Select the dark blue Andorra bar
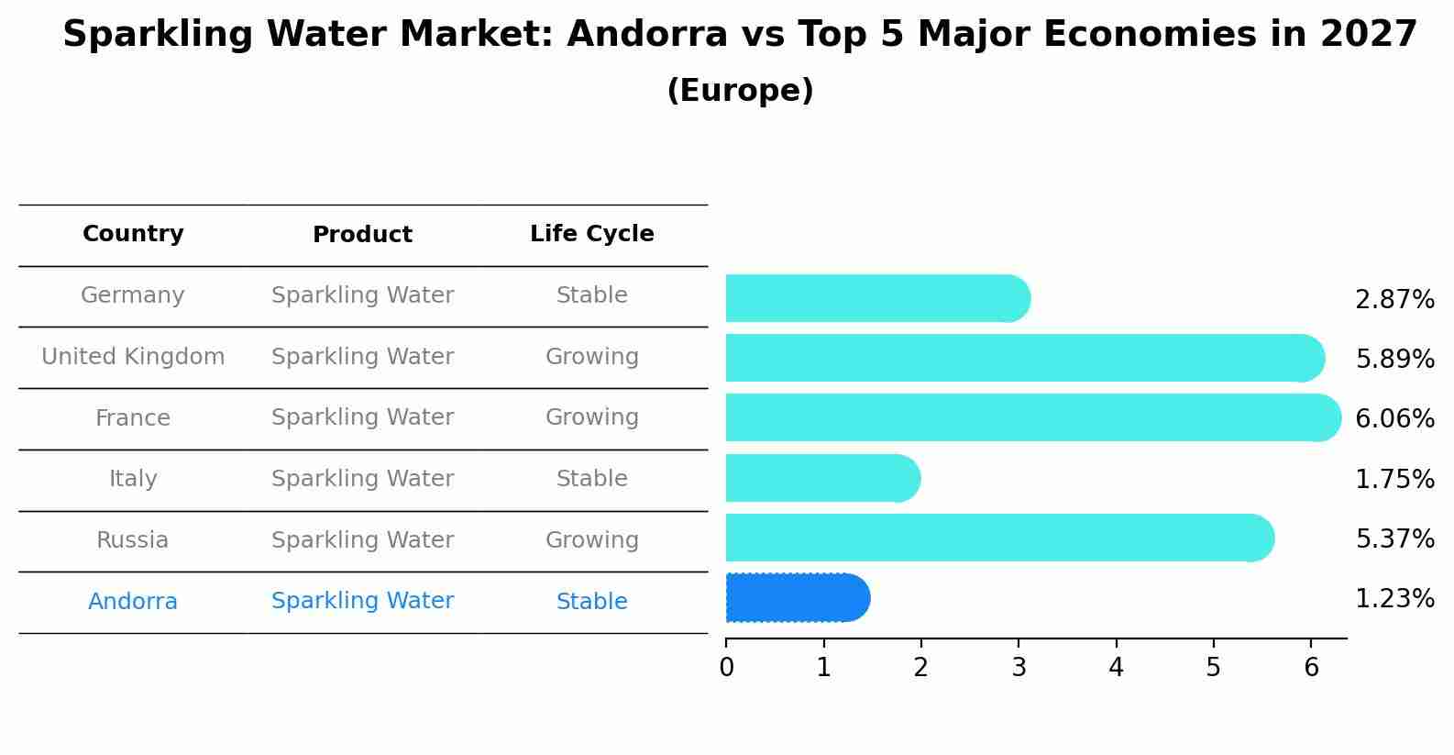coord(796,598)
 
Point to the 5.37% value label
coord(1394,538)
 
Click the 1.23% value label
coord(1394,599)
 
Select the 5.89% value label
coord(1394,359)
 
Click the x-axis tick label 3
coord(1019,668)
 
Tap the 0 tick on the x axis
coord(727,668)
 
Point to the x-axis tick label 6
coord(1311,668)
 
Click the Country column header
coord(133,234)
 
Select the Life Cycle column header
coord(591,234)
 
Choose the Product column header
coord(362,235)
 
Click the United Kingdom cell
coord(133,357)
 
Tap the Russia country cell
coord(133,540)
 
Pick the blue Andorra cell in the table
coord(133,602)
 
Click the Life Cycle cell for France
coord(591,417)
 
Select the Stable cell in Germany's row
coord(591,295)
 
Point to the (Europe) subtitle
coord(740,91)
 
